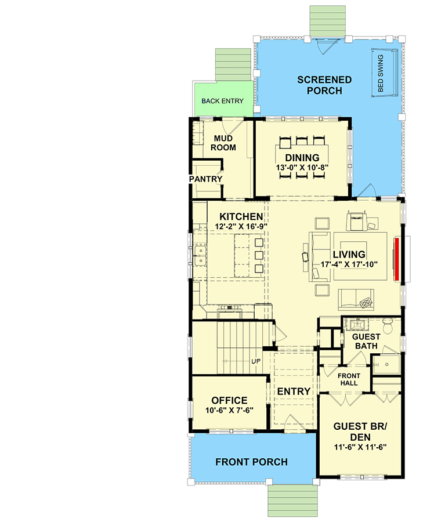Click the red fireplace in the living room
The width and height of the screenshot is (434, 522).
coord(397,259)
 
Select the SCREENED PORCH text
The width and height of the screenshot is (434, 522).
coord(324,85)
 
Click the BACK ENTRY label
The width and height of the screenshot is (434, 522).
coord(222,101)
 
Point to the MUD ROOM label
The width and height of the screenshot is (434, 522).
coord(224,143)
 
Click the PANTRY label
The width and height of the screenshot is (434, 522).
coord(206,179)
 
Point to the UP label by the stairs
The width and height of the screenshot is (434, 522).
coord(256,361)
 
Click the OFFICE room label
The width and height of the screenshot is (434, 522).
coord(229,401)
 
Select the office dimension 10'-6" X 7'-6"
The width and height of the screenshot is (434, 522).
coord(229,411)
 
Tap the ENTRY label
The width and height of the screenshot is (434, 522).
coord(294,391)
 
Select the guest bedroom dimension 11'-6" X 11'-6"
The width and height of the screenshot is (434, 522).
coord(360,447)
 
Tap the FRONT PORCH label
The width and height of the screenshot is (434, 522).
coord(251,462)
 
